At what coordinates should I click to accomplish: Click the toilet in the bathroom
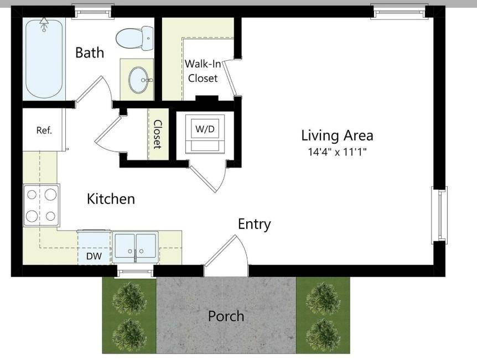click(x=134, y=38)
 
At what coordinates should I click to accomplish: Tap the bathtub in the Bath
click(x=44, y=58)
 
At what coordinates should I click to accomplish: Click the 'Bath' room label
click(x=90, y=53)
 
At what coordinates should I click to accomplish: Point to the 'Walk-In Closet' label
click(x=203, y=71)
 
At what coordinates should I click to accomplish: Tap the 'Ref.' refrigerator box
click(x=44, y=131)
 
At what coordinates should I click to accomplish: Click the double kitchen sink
click(x=136, y=247)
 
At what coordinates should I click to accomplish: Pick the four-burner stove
click(x=42, y=205)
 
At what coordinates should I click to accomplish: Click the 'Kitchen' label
click(x=111, y=199)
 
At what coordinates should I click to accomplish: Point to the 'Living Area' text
click(x=337, y=135)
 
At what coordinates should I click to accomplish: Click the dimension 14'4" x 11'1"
click(x=337, y=151)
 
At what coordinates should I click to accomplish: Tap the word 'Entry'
click(x=254, y=224)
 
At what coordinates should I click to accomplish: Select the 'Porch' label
click(x=226, y=316)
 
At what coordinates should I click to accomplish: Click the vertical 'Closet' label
click(x=157, y=134)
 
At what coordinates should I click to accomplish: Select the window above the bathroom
click(x=93, y=11)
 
